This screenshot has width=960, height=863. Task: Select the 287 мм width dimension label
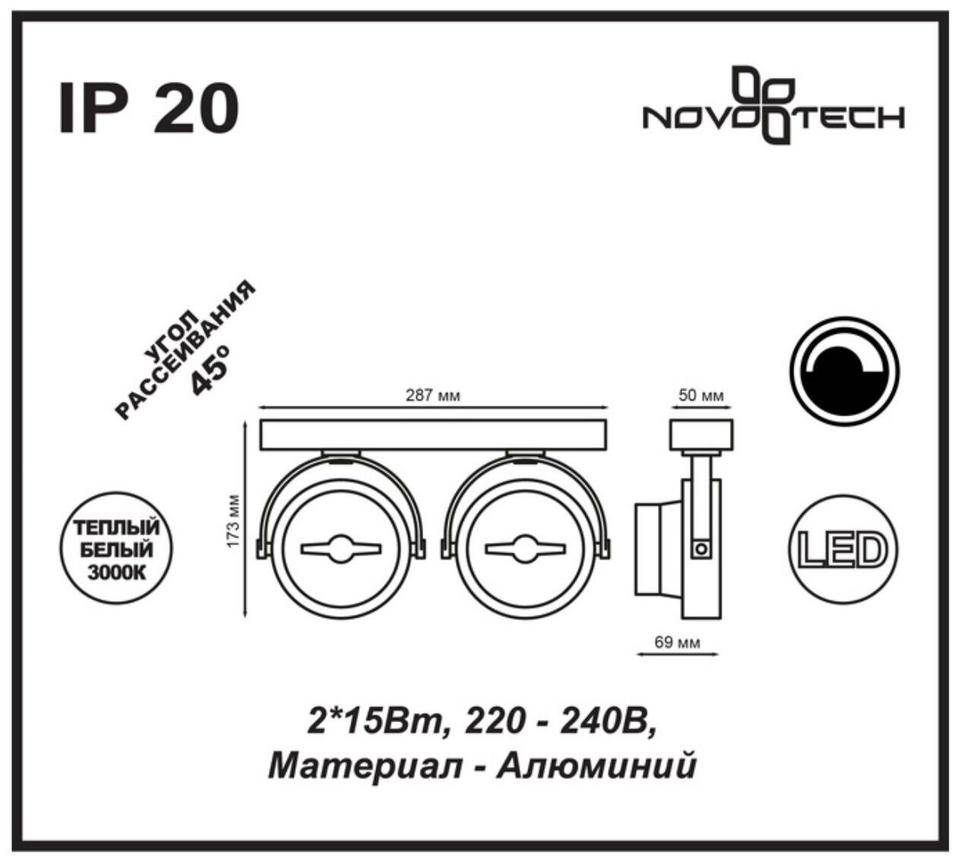434,396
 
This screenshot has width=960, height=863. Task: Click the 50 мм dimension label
701,396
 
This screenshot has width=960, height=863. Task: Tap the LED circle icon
843,550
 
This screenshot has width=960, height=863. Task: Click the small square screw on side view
702,547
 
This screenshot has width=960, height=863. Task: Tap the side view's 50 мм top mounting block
700,434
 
